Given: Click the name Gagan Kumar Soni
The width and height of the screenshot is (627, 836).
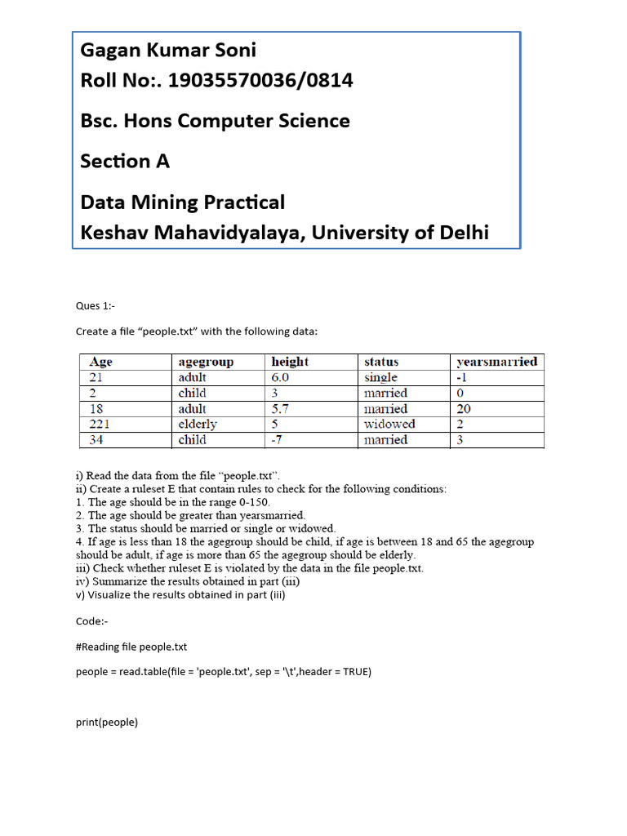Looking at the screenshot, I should pos(167,51).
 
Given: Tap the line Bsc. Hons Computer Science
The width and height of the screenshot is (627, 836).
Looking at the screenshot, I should pos(215,121).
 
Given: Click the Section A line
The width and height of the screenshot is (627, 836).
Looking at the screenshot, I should pos(125,161).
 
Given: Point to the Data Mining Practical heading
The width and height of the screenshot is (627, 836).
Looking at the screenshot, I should pos(182,202).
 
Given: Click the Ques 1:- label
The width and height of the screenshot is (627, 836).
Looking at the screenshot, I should pos(96,305).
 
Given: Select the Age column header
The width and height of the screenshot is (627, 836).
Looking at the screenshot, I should pos(101,362).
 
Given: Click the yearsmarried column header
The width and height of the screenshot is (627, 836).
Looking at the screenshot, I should pos(496,362).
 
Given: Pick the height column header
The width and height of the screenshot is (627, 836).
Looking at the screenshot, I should pos(290,362).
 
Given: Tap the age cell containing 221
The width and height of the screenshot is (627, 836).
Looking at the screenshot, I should pos(100,424).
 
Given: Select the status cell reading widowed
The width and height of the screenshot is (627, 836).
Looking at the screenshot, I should pos(389,424).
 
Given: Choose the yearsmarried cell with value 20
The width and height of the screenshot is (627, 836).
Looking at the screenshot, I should pos(464,409).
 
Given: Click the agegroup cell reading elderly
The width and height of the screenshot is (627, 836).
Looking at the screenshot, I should pos(198,424).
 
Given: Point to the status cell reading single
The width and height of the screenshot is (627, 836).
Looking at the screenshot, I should pos(380,377).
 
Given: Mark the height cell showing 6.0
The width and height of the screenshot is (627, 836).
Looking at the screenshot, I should pos(280,377).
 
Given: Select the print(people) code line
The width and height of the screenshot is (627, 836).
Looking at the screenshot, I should pos(107,722).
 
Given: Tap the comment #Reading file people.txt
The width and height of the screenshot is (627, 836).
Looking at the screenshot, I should pos(131,647).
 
